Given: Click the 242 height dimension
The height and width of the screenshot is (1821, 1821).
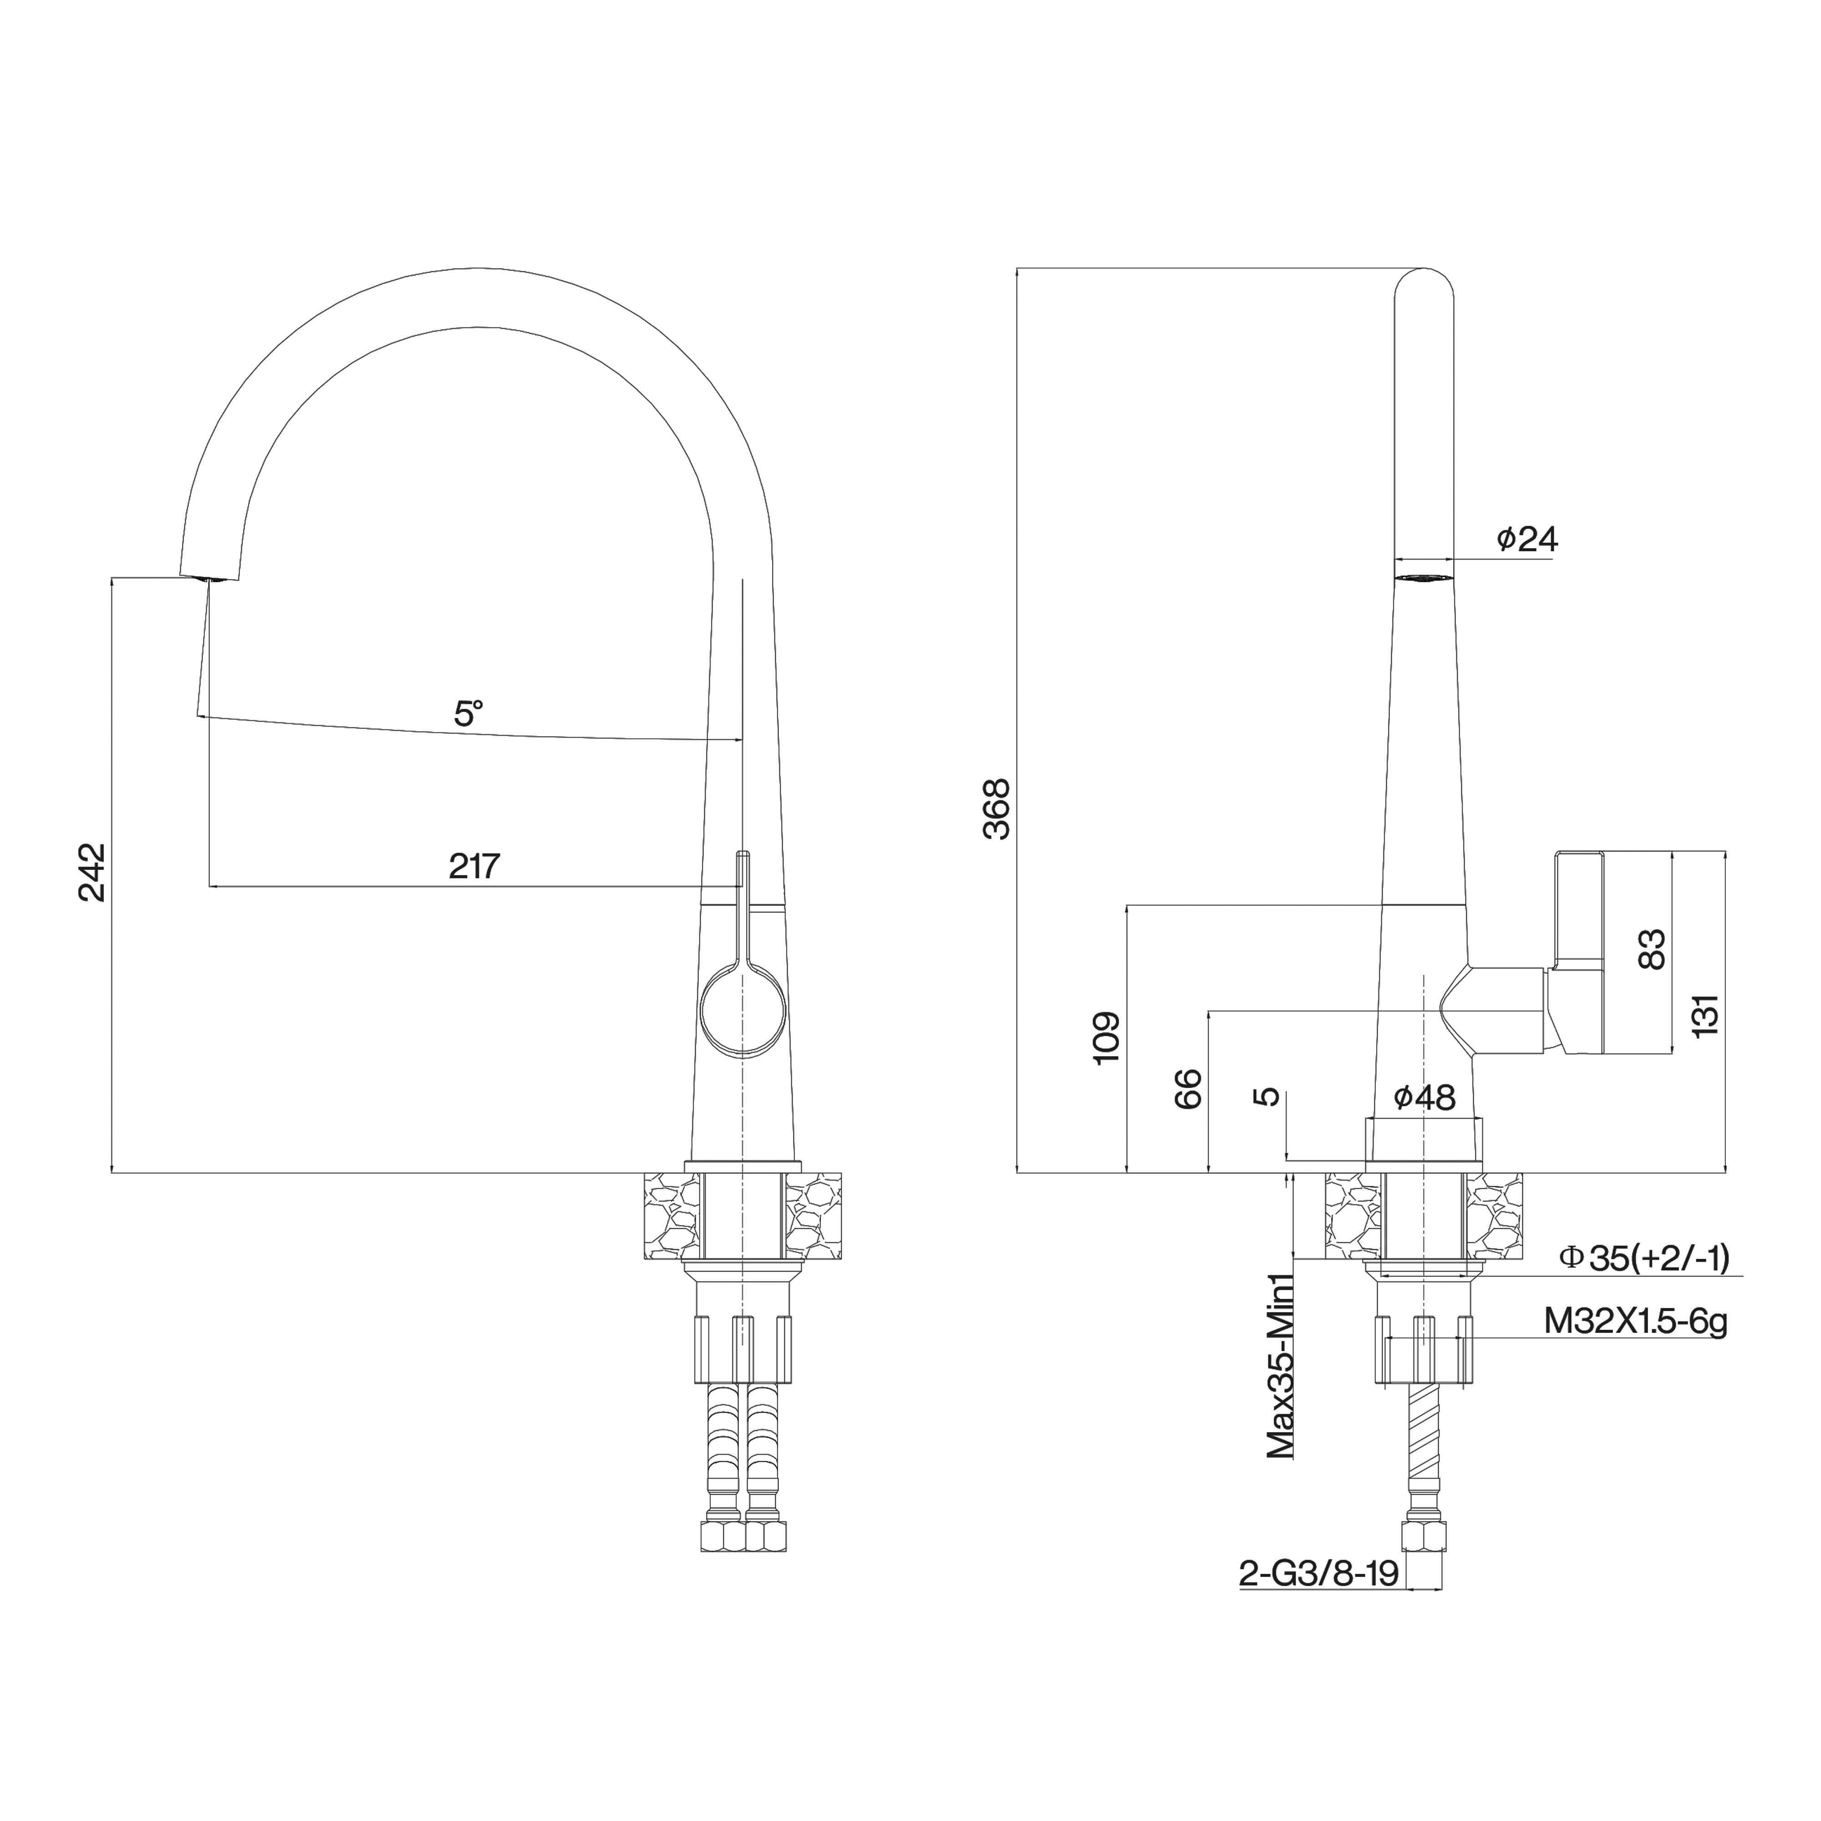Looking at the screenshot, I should [92, 872].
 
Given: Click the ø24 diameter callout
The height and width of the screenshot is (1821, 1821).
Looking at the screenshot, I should [1527, 539].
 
